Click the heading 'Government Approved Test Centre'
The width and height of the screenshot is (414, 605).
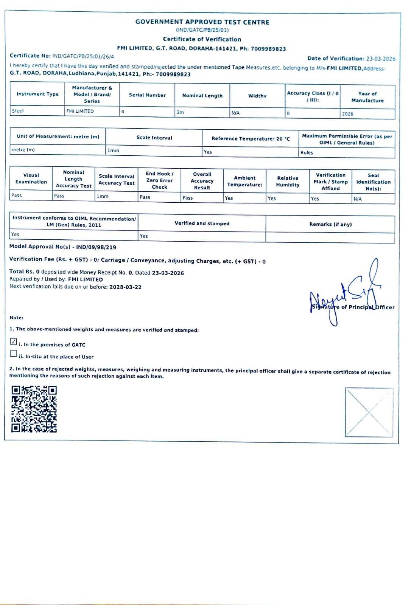[202, 22]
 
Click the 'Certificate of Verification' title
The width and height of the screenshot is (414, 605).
[202, 39]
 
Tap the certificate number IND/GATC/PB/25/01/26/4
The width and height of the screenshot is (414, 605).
[83, 56]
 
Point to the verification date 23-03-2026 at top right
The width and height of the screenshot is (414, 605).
[380, 59]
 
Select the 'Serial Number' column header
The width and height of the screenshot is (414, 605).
[147, 95]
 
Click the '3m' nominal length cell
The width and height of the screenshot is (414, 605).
[181, 112]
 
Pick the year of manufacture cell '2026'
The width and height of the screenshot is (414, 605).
[347, 113]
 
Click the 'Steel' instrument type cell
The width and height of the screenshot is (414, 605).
[18, 111]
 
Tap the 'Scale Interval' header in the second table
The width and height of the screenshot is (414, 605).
[154, 138]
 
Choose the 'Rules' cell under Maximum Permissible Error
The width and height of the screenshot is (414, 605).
[307, 152]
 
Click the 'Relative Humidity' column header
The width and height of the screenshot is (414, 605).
[288, 181]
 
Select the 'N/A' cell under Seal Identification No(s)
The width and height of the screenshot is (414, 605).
[358, 199]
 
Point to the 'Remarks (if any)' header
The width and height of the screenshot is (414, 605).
[330, 224]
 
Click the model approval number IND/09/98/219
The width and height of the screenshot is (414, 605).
[96, 247]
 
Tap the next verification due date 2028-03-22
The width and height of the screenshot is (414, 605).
[125, 287]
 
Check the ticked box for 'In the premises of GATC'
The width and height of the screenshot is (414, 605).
[14, 341]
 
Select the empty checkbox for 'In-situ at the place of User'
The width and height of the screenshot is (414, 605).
[14, 354]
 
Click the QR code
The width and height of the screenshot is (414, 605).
[34, 409]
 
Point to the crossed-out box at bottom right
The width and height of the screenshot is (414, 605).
[369, 412]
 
